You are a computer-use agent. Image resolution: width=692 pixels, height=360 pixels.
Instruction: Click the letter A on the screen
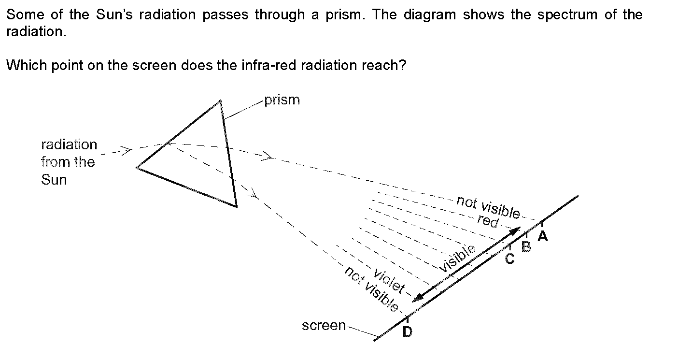(543, 236)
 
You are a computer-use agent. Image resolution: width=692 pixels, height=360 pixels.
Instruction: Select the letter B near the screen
(526, 247)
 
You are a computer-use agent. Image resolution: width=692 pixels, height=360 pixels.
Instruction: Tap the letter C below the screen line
(509, 259)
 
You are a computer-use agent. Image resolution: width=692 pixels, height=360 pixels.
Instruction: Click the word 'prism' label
(282, 100)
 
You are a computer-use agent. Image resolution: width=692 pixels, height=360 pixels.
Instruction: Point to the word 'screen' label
(324, 326)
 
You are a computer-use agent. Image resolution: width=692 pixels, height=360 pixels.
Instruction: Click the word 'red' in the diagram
(487, 221)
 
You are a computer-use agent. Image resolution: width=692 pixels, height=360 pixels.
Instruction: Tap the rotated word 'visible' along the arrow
(457, 258)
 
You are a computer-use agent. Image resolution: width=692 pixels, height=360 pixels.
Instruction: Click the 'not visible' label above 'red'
(488, 206)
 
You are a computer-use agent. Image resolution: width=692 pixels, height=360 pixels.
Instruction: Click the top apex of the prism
(220, 101)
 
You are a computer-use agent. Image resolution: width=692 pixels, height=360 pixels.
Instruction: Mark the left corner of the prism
(137, 168)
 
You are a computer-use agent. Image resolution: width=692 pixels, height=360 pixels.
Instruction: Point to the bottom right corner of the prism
(237, 206)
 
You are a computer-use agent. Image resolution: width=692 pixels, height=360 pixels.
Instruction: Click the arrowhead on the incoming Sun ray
(127, 150)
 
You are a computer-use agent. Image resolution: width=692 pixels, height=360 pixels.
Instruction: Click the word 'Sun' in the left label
(54, 180)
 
